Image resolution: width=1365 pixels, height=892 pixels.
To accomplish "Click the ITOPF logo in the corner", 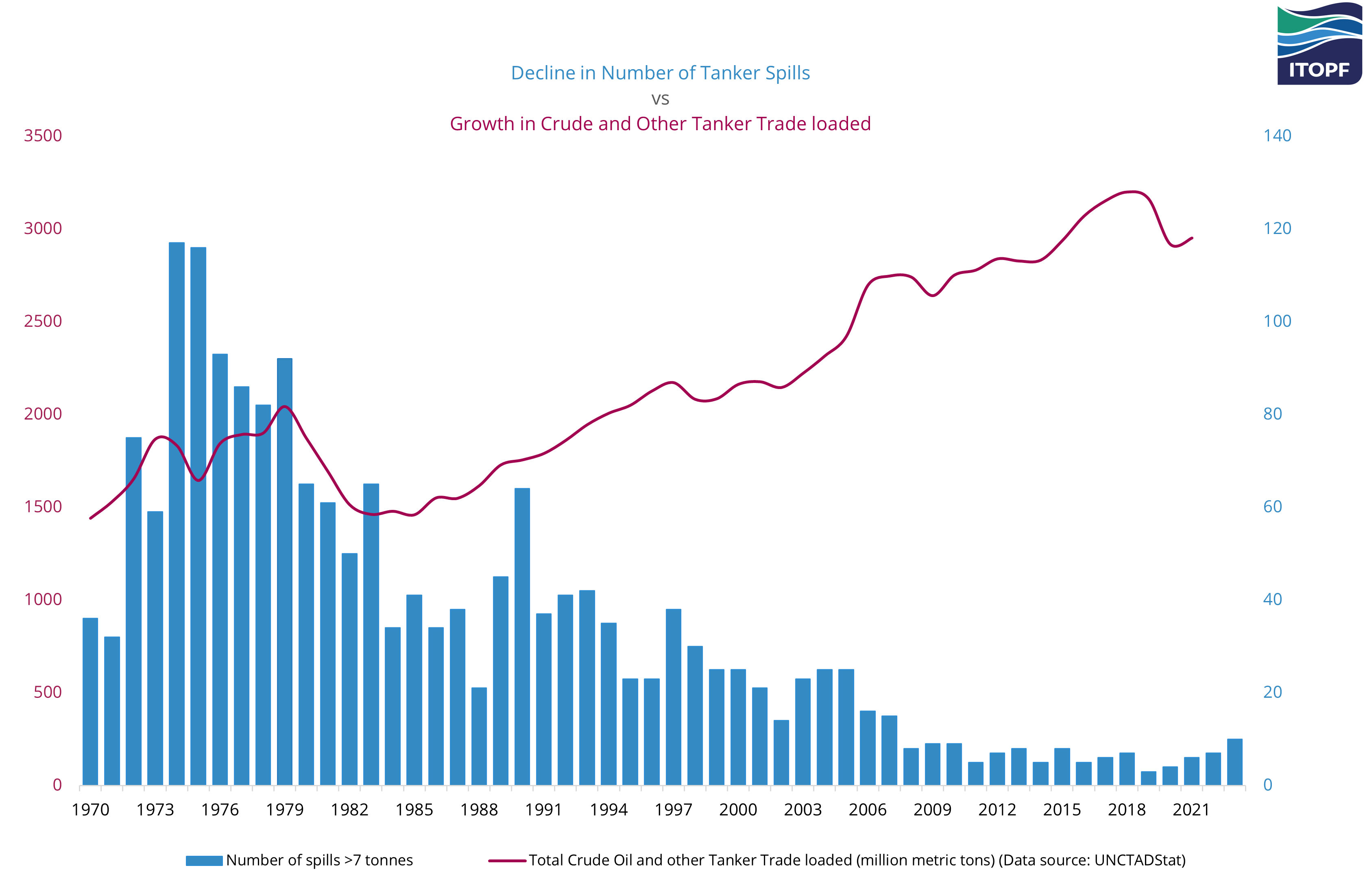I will (1319, 45).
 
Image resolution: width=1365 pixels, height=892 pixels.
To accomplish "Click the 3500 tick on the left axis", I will (43, 136).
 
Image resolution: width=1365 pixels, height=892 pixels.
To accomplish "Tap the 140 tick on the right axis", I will (1277, 136).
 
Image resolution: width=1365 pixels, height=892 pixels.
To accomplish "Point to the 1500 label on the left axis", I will (43, 507).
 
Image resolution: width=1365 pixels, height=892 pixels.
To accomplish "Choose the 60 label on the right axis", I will (1273, 507).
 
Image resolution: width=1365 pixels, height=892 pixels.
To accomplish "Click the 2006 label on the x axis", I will (867, 809).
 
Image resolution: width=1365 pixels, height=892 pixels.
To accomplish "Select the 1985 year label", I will (414, 809).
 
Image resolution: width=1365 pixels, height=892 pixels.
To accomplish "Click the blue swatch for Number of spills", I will (204, 860).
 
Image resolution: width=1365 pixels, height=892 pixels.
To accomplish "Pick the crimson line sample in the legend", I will (507, 860).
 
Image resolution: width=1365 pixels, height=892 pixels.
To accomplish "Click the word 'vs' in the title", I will (660, 99).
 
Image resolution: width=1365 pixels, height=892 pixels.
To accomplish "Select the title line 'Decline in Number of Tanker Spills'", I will (660, 73).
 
